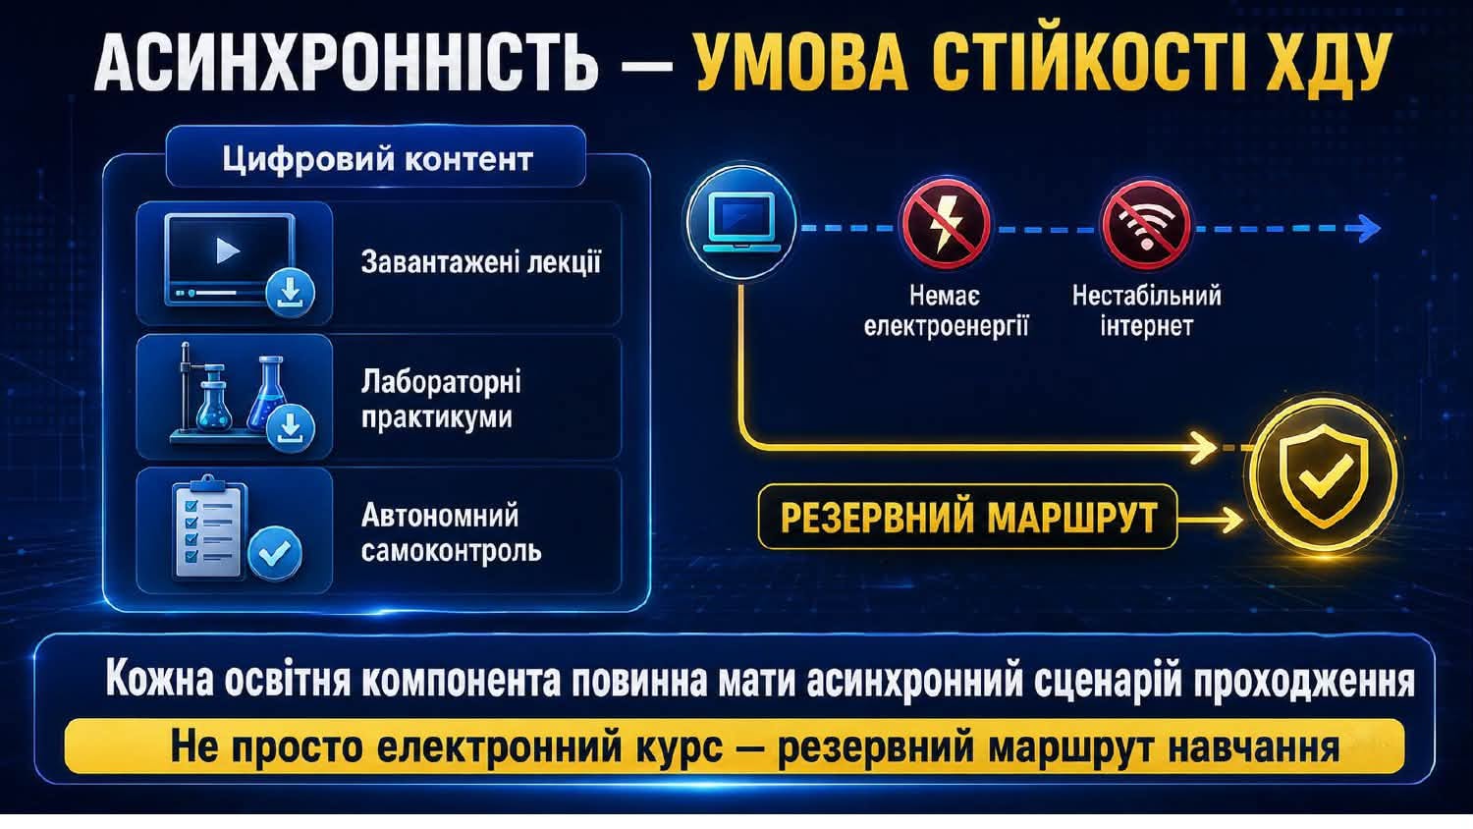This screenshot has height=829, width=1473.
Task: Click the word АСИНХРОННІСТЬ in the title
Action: coord(347,63)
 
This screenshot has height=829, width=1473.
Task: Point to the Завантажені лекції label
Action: coord(481,262)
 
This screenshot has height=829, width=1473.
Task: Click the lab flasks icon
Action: coord(241,397)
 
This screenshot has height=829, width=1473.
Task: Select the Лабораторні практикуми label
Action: coord(441,400)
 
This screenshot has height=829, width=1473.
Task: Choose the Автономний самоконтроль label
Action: coord(451,533)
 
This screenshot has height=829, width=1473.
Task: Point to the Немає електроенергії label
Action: coord(947,311)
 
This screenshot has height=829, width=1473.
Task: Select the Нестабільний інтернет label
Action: coord(1147,311)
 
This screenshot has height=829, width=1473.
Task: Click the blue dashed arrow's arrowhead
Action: coord(1367,228)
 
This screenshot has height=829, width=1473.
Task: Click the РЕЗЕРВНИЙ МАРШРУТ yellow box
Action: coord(968,517)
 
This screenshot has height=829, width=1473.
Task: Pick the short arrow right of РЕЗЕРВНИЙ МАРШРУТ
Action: coord(1210,520)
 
